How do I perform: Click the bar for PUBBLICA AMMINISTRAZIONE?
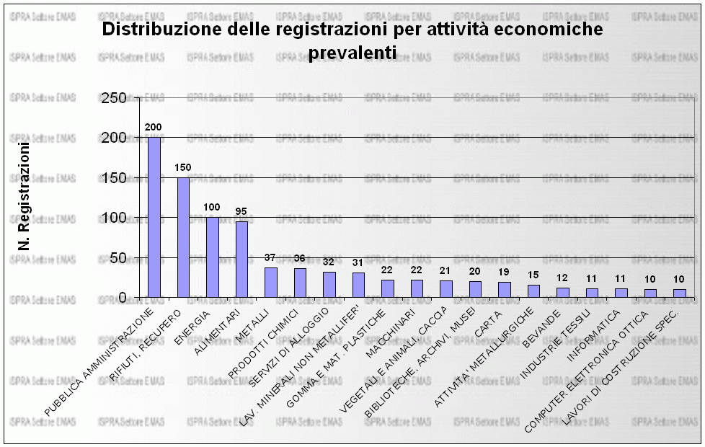[154, 217]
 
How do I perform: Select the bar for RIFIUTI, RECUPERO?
[183, 237]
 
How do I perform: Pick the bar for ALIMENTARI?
[241, 260]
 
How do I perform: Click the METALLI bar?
[271, 283]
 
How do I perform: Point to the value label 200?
[154, 127]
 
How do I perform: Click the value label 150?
[183, 167]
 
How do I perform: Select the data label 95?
[241, 211]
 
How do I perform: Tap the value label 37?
[271, 258]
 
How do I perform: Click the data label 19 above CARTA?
[505, 273]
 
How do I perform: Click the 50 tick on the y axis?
[117, 258]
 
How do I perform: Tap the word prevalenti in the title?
[352, 53]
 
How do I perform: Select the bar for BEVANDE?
[563, 293]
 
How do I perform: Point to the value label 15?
[533, 275]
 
